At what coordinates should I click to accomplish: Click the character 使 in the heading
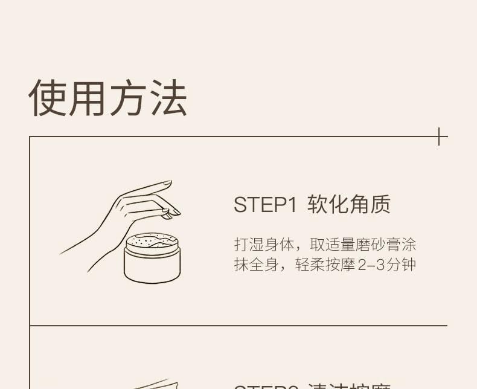[48, 98]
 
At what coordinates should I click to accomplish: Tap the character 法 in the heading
[168, 98]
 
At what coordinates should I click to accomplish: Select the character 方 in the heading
[128, 98]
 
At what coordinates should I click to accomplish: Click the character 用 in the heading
[88, 98]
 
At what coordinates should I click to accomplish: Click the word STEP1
[266, 205]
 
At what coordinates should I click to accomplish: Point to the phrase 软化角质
[349, 205]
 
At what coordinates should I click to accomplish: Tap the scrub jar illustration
[152, 259]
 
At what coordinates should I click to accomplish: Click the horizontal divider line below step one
[238, 326]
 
